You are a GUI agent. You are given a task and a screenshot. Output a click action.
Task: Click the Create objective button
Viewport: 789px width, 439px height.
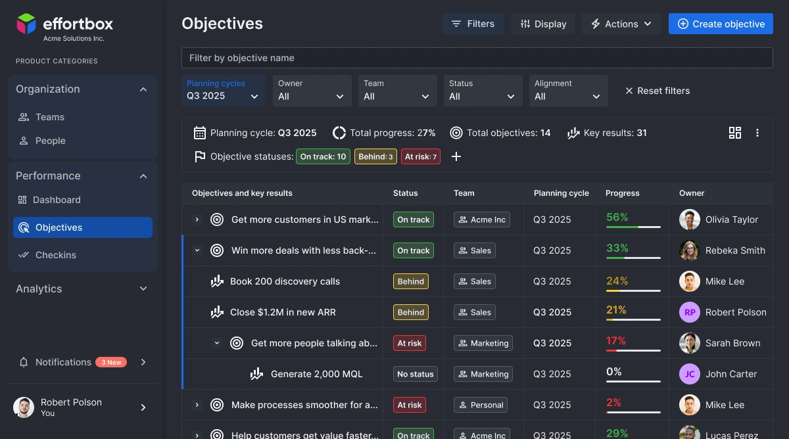pos(721,24)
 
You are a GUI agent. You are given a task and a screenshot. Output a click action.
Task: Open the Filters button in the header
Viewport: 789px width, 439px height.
pos(473,24)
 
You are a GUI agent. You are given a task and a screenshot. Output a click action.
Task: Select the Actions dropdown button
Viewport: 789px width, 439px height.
pos(621,24)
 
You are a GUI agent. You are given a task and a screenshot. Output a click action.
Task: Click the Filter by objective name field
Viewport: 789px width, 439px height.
pos(477,58)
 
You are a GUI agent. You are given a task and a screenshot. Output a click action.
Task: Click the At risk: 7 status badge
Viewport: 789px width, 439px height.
pos(420,156)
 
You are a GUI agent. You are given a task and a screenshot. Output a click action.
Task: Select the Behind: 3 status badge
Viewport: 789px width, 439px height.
pos(375,156)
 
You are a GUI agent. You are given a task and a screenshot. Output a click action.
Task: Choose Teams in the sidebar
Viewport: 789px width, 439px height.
pos(50,117)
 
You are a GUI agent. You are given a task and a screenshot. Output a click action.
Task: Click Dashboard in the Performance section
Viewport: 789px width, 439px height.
pos(57,200)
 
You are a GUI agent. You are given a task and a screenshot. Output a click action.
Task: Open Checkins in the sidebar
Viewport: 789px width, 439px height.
pos(55,255)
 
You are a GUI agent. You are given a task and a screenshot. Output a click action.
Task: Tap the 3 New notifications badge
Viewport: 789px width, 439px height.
pos(111,362)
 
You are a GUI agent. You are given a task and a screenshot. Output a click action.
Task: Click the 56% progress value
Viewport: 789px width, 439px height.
pos(617,217)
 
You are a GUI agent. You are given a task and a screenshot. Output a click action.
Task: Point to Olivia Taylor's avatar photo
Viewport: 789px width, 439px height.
pos(690,219)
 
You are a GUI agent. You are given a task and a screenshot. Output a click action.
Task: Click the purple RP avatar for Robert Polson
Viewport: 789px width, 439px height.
pos(690,312)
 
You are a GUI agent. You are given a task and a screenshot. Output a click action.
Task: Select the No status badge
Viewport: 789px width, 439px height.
pos(416,374)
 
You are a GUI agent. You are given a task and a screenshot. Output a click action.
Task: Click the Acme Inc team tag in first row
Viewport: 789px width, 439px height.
pos(481,219)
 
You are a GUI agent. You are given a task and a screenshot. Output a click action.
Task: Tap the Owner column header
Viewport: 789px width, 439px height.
pos(692,193)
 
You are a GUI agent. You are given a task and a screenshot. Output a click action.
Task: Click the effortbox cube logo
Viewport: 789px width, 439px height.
pos(27,24)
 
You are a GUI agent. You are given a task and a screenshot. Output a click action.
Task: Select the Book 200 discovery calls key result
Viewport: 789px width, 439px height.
pos(285,281)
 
